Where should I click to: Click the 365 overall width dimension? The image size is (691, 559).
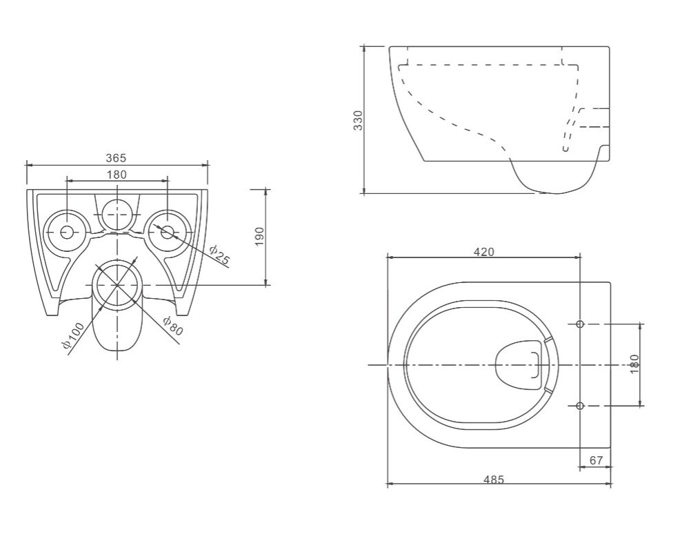tap(117, 158)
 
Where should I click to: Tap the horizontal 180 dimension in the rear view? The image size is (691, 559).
tap(117, 175)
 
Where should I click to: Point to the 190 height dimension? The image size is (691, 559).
tap(259, 237)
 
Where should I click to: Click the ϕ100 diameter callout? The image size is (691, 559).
tap(73, 335)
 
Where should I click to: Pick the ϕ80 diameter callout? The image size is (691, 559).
tap(172, 326)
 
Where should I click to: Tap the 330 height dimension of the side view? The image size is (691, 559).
tap(358, 120)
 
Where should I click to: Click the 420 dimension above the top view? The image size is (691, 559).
tap(484, 252)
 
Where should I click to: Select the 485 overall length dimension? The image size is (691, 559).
tap(493, 479)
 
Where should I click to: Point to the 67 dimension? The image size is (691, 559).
tap(596, 460)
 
